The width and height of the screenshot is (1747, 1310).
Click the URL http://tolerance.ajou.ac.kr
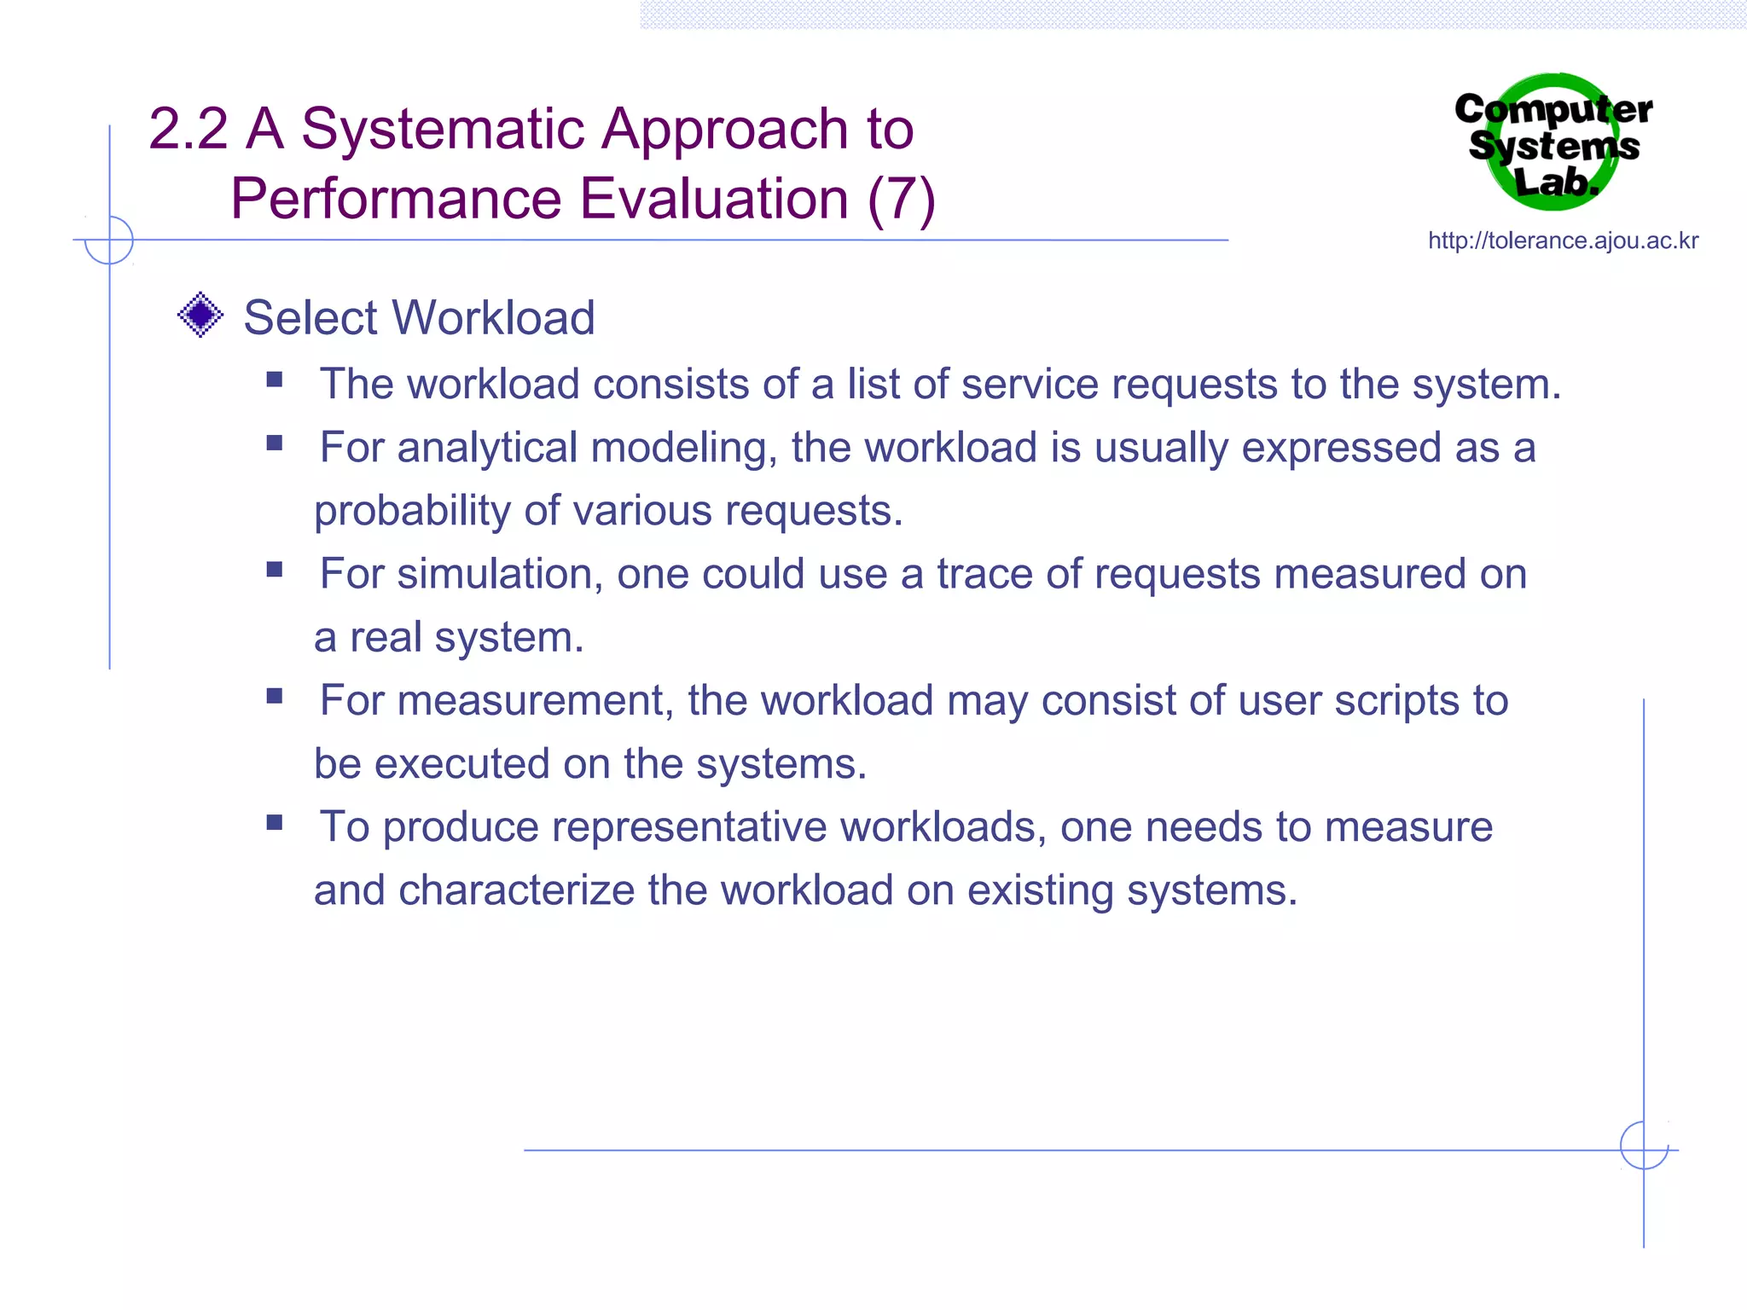1563,241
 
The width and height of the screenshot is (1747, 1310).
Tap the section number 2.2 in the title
188,130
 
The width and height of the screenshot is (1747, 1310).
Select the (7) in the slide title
902,200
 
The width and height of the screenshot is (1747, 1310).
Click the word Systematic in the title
443,130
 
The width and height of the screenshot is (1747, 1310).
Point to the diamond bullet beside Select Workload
200,315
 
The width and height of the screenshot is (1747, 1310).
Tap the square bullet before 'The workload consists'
275,380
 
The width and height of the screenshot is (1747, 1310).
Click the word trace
984,574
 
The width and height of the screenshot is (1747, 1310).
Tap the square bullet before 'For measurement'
275,696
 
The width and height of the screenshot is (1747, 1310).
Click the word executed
462,763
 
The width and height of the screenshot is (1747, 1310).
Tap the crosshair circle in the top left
109,240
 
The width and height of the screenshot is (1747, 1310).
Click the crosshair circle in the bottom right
1644,1145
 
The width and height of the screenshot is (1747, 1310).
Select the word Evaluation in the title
714,200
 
